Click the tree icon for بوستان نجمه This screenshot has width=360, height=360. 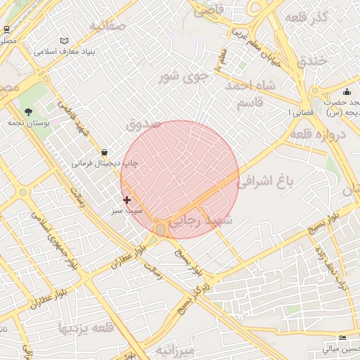[28, 112]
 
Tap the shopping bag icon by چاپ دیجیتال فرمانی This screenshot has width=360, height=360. [105, 152]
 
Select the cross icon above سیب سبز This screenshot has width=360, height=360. [127, 200]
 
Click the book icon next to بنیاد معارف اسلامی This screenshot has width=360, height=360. [65, 41]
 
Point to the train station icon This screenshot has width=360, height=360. [6, 30]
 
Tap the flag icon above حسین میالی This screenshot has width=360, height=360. [342, 337]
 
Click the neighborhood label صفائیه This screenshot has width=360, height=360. [107, 27]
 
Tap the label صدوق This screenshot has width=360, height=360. [143, 124]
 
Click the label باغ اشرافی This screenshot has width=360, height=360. [264, 182]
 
